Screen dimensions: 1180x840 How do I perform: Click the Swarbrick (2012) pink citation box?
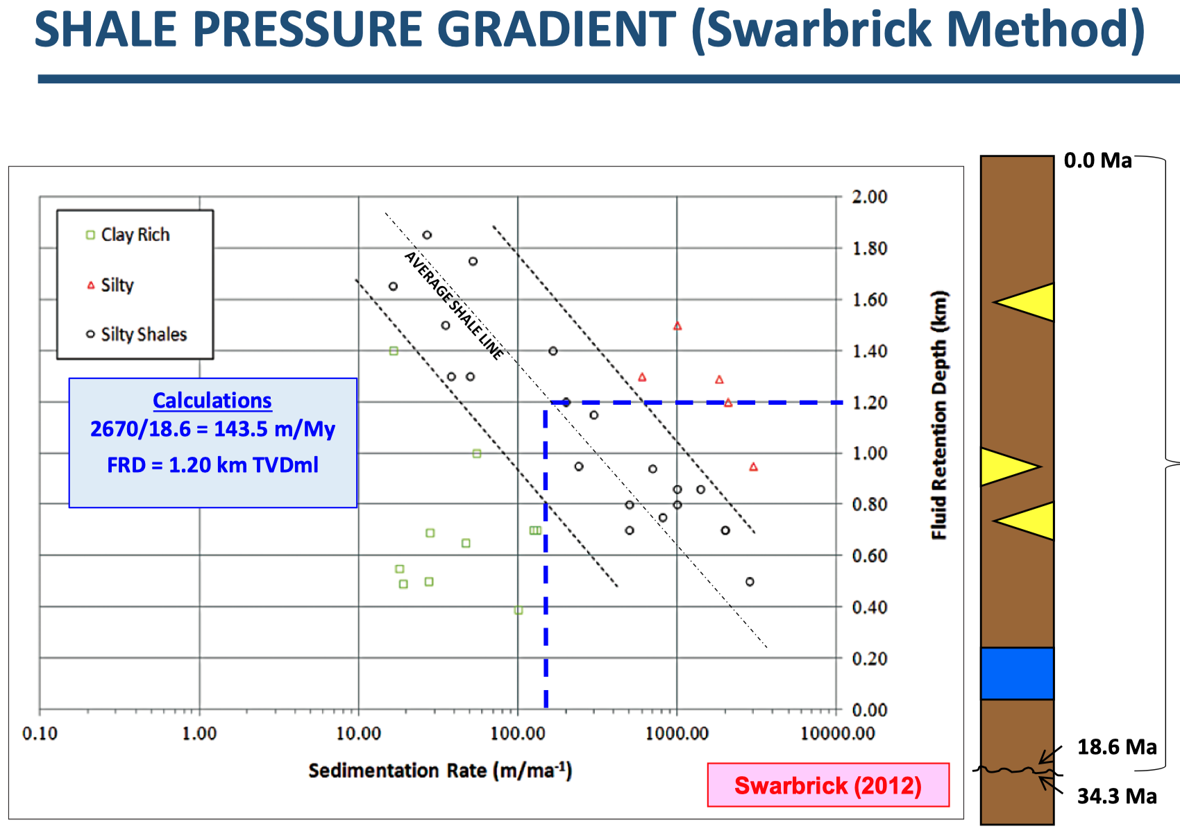[x=828, y=784]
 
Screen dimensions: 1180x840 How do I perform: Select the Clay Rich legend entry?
[x=128, y=235]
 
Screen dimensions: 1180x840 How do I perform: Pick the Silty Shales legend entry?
[x=137, y=335]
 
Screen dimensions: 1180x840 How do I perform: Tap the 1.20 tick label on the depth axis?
[x=870, y=403]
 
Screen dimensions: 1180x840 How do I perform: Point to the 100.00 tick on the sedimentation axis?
[x=517, y=733]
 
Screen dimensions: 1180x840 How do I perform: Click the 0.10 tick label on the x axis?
[x=40, y=733]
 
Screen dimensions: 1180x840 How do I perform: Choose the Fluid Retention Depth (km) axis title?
[x=939, y=414]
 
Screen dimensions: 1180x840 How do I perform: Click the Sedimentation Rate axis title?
[x=440, y=771]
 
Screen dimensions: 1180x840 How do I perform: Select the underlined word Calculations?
[x=212, y=401]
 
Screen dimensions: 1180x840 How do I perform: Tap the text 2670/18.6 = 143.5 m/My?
[x=212, y=429]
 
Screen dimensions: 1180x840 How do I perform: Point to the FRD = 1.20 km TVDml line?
[x=212, y=465]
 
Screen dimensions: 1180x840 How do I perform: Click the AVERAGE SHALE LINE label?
[x=454, y=305]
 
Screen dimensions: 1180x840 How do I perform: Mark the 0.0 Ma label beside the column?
[x=1098, y=160]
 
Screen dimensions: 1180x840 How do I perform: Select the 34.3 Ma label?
[x=1117, y=796]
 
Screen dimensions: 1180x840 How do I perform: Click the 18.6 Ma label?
[x=1117, y=747]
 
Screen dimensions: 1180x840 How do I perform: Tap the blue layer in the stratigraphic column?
[x=1017, y=673]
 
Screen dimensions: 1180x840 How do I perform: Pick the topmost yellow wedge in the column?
[x=1024, y=303]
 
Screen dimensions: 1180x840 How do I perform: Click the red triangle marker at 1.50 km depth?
[x=677, y=326]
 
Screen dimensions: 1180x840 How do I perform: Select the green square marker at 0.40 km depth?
[x=519, y=610]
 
